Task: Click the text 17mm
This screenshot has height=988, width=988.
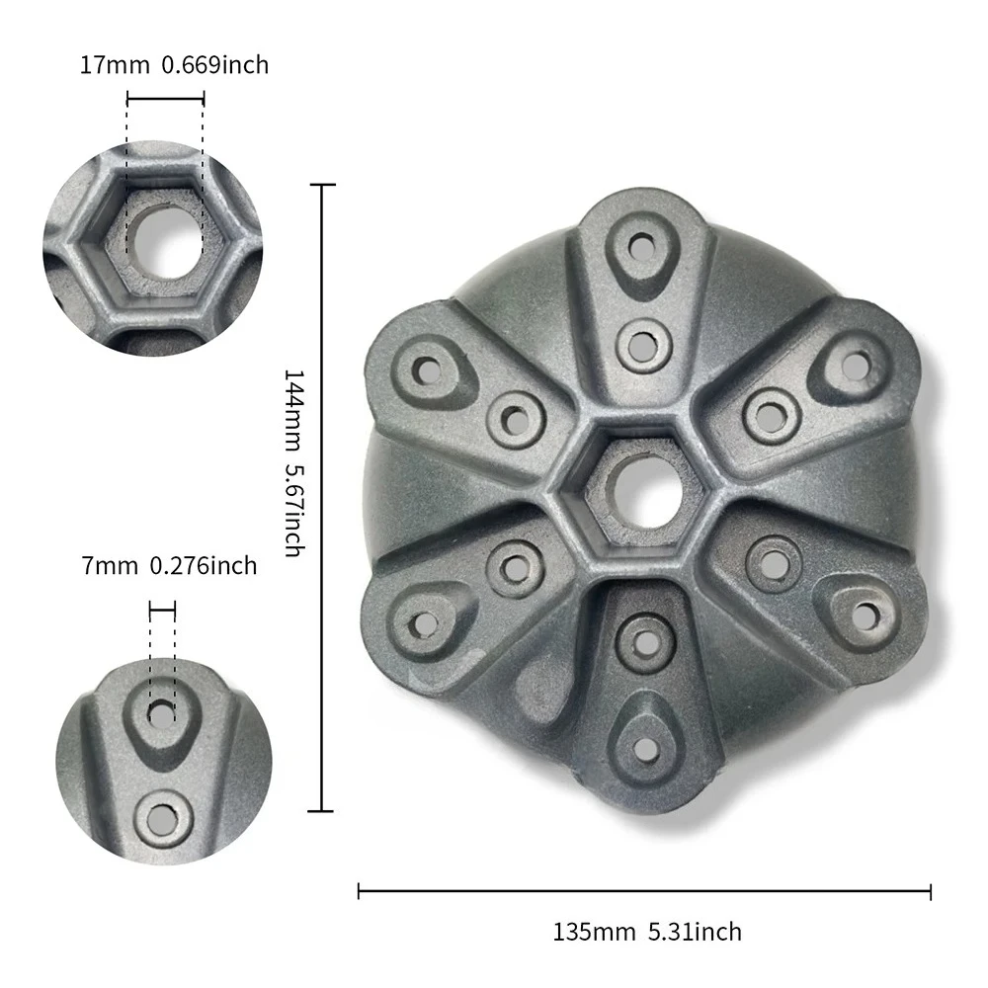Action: (109, 66)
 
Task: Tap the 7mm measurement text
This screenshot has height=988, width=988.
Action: (108, 566)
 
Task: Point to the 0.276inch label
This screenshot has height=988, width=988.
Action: (204, 566)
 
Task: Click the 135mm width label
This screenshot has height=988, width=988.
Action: (587, 932)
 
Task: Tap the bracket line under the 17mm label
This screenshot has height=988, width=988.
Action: (165, 98)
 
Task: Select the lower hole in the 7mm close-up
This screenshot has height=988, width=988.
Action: (159, 817)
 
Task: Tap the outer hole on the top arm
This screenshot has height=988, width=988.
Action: (643, 243)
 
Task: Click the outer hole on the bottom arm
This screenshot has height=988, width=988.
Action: (644, 749)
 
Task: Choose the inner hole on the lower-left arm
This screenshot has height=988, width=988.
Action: (514, 568)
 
